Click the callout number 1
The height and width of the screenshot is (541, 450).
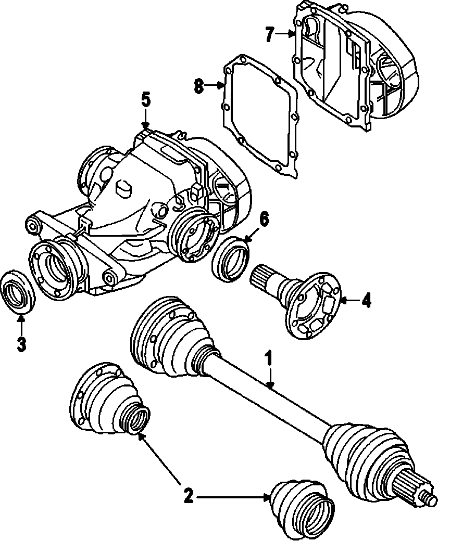269,358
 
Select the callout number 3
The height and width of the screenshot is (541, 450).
21,344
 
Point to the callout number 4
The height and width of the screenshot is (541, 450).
367,300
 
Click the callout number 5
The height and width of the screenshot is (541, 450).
145,99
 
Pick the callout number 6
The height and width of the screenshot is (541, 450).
264,219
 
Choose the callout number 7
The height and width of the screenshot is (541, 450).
269,35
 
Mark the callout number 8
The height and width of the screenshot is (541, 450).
198,86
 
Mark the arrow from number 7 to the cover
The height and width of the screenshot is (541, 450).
286,35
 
